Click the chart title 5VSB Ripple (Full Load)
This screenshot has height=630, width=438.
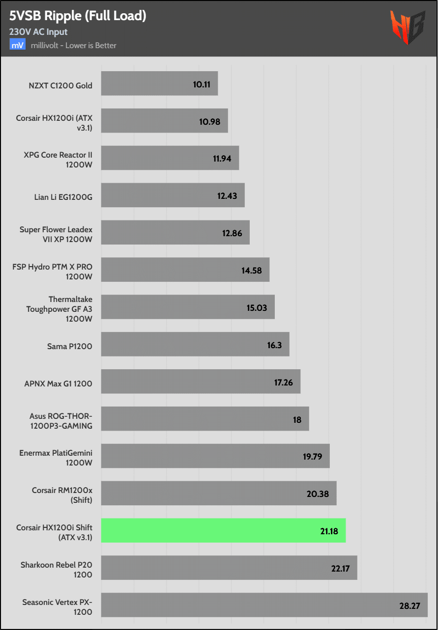[78, 16]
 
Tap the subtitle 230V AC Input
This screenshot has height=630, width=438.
[38, 32]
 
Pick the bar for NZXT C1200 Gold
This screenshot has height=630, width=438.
[159, 84]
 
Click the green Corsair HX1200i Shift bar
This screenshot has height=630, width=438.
[223, 530]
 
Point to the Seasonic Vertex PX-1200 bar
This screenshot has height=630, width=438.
[264, 605]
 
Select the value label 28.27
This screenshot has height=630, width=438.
[409, 606]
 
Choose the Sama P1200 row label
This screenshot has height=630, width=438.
[70, 346]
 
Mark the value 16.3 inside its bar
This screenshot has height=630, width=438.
[274, 345]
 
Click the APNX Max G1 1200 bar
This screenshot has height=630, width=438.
[201, 382]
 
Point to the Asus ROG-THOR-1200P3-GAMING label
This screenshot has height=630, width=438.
[60, 421]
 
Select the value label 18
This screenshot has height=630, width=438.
[296, 420]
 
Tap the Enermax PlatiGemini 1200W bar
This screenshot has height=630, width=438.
[215, 456]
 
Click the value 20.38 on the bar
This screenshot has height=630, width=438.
[318, 493]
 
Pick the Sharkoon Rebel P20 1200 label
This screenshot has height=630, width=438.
[56, 570]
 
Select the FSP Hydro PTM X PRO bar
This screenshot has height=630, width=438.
[185, 270]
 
